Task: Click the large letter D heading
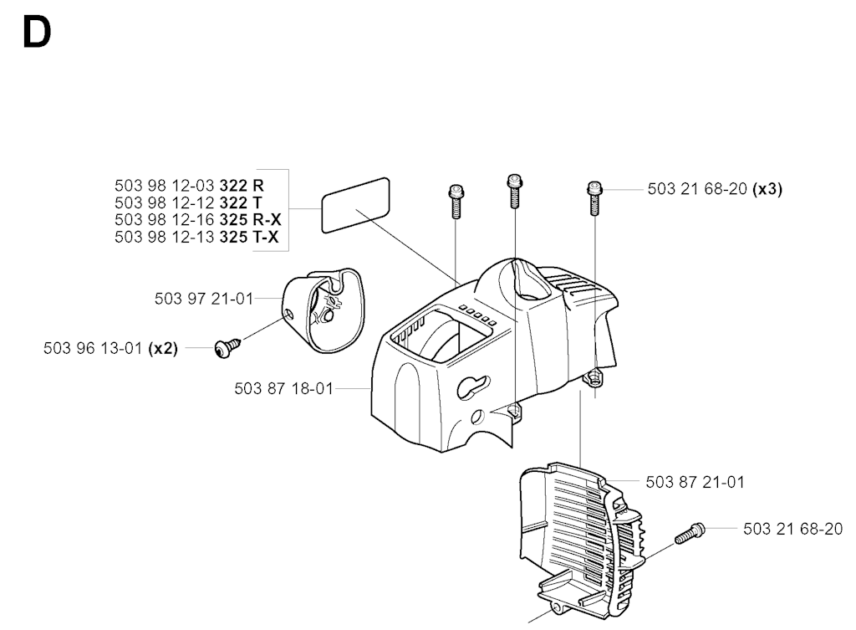click(37, 33)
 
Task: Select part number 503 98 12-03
click(165, 186)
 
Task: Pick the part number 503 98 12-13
click(165, 237)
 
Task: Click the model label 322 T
click(241, 202)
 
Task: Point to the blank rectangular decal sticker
click(356, 205)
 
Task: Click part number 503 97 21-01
click(204, 299)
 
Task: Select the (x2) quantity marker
click(163, 349)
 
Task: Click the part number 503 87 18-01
click(284, 388)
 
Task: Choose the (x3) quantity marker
click(767, 189)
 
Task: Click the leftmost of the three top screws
click(456, 201)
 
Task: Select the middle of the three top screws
click(514, 191)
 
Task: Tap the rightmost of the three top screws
click(594, 197)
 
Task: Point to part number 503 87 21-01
click(695, 482)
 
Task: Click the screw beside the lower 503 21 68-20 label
click(690, 533)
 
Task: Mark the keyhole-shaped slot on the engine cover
click(473, 387)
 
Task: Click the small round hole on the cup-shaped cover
click(288, 314)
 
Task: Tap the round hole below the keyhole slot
click(477, 417)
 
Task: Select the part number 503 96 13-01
click(93, 349)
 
